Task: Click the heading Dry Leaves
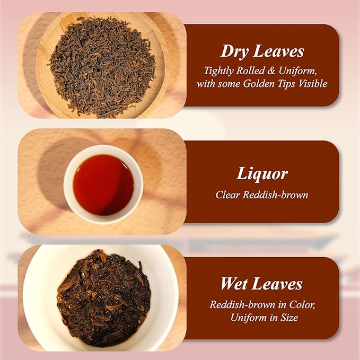pos(262,51)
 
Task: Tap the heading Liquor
pos(262,173)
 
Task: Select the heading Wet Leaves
pos(261,284)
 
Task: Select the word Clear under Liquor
pos(227,195)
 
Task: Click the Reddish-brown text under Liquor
pos(276,195)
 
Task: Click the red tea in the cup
pos(103,185)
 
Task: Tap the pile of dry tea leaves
pos(102,67)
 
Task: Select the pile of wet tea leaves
pos(104,298)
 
